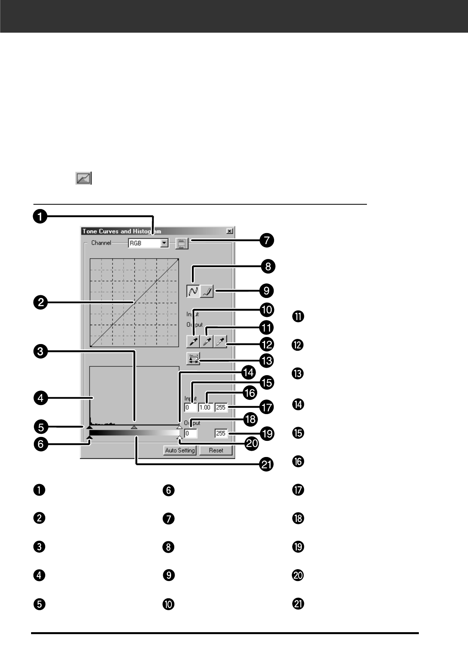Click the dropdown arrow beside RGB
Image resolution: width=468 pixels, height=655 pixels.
(x=164, y=243)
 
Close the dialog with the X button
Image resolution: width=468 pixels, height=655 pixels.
(x=230, y=231)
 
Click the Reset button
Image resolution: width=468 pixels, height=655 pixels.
(x=216, y=450)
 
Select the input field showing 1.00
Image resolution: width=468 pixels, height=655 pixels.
(x=205, y=408)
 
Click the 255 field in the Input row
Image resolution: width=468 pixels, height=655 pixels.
(x=221, y=408)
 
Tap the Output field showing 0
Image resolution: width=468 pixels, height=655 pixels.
(x=191, y=433)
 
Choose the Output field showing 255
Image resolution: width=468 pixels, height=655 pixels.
(x=221, y=433)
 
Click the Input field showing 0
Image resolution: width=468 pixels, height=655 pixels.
(x=190, y=408)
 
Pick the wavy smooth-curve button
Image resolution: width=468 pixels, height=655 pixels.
(x=193, y=291)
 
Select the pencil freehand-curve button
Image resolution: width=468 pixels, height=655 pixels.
(x=207, y=291)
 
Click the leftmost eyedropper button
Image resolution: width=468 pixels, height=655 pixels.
(x=193, y=341)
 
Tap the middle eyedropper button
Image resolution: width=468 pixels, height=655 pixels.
(x=207, y=341)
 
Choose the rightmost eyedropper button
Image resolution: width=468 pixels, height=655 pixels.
(x=220, y=341)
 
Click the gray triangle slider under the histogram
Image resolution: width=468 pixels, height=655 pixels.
(x=134, y=427)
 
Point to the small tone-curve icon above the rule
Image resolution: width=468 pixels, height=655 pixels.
(x=83, y=178)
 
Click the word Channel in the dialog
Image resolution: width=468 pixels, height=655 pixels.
(x=101, y=243)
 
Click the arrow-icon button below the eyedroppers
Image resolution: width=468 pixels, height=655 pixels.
(x=193, y=359)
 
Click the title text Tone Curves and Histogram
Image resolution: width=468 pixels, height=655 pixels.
(x=122, y=231)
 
